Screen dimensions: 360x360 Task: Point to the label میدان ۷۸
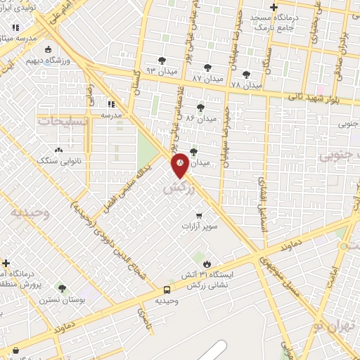245,84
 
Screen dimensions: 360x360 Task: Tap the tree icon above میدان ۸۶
202,107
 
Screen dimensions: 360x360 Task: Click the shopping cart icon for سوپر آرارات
200,216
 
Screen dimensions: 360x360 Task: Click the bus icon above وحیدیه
167,290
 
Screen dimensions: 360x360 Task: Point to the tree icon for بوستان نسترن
63,288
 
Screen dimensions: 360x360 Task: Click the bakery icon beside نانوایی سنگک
58,149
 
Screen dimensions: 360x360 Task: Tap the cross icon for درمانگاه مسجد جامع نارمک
274,8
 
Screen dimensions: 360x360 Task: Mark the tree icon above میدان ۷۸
245,73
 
